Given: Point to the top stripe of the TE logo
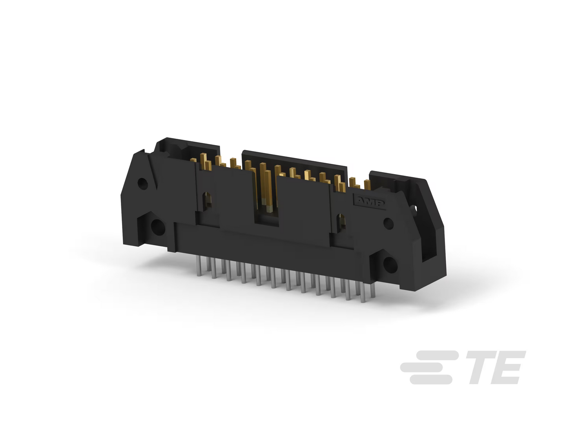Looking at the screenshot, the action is [x=437, y=355].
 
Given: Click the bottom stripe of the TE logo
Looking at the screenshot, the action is [x=431, y=380].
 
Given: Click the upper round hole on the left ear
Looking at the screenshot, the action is [x=142, y=184].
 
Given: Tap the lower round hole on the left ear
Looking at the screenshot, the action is [x=158, y=227].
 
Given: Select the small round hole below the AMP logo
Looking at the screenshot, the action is [x=388, y=223].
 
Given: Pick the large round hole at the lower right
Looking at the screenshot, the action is [x=390, y=265].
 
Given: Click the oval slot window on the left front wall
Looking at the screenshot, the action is [x=207, y=201].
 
